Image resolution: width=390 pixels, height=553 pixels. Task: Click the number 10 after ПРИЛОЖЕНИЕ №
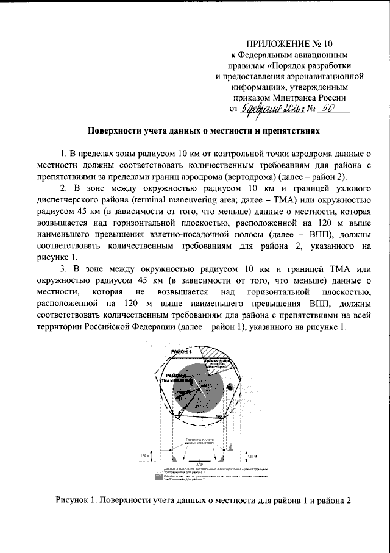click(329, 44)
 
